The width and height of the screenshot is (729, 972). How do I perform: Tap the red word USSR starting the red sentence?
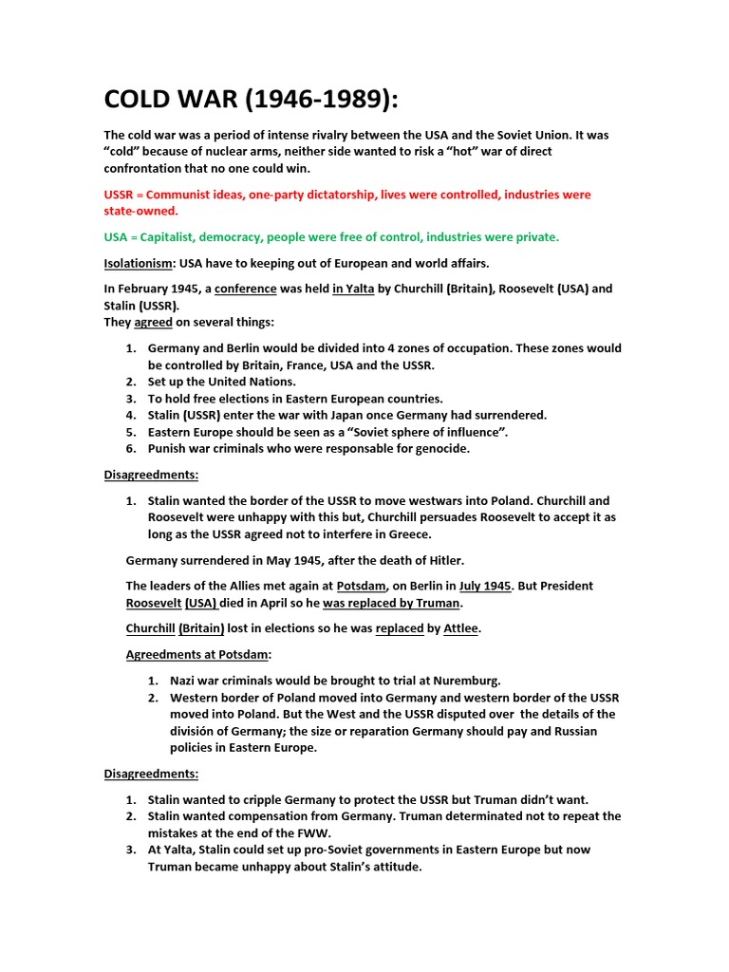121,195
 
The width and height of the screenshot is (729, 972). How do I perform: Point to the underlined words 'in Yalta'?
353,289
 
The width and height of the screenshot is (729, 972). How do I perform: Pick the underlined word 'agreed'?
159,323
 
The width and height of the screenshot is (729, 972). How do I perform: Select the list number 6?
131,449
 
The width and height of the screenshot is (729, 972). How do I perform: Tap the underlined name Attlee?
461,628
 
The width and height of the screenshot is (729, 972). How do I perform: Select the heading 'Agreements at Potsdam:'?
198,654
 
